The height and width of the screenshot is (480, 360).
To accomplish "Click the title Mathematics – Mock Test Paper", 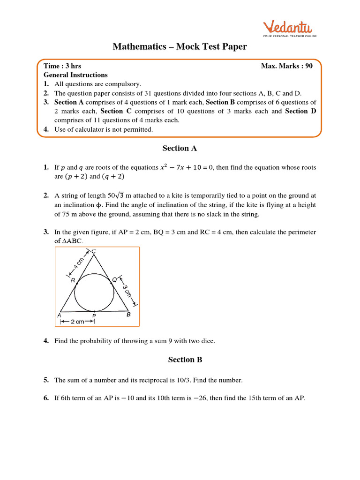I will click(180, 46).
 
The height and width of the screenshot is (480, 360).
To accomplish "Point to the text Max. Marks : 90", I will click(286, 66).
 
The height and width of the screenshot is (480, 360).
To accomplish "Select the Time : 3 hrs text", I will click(62, 66).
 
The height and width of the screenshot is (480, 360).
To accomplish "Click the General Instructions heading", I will click(75, 75).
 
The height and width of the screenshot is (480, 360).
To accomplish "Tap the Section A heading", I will click(180, 148).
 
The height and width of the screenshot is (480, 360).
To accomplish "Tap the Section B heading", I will click(180, 360).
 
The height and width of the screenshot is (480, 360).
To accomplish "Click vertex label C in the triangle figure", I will click(94, 252).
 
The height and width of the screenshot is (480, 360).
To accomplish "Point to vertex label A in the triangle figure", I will click(60, 315).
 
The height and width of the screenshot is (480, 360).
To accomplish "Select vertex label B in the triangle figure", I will click(129, 315).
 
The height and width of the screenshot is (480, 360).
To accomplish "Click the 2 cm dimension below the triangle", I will click(77, 322).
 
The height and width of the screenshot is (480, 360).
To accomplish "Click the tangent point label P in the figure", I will click(94, 316).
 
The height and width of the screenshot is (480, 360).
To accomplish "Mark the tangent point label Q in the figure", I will click(114, 279).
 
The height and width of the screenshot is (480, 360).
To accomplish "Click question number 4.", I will click(46, 341).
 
